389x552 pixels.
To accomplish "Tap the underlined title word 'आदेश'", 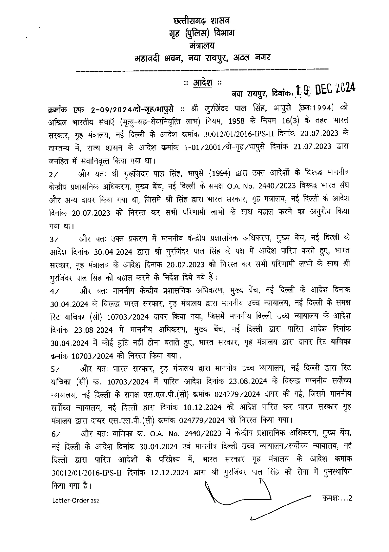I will point(202,83).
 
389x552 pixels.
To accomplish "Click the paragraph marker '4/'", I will point(53,291).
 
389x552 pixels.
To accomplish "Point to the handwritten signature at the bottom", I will point(241,495).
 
